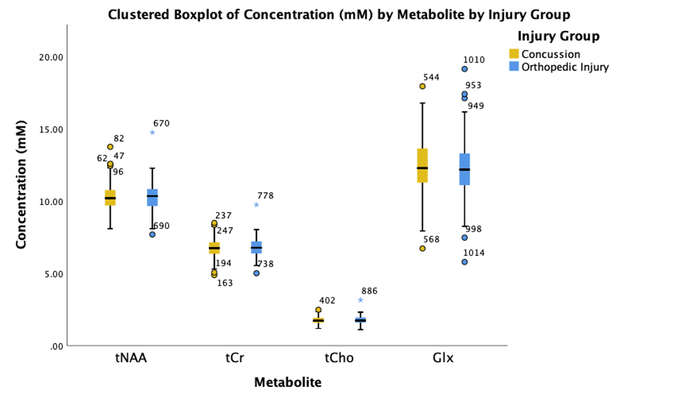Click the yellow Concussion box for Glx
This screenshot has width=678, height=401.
(x=422, y=166)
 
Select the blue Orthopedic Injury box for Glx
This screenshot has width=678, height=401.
(x=464, y=169)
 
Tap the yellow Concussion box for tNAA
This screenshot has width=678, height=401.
(x=110, y=197)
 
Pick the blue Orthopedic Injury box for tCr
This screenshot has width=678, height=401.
(x=257, y=248)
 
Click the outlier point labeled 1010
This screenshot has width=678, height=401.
(x=464, y=69)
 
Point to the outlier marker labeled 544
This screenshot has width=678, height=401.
(x=422, y=86)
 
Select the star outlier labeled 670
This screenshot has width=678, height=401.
(x=152, y=133)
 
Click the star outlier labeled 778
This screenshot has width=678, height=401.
(x=257, y=205)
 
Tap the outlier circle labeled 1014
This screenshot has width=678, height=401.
(x=464, y=262)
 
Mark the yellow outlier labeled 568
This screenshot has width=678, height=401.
(x=422, y=248)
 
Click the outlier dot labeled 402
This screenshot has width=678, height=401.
(x=318, y=309)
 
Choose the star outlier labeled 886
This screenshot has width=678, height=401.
(x=360, y=300)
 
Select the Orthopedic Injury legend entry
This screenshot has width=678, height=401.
(x=564, y=66)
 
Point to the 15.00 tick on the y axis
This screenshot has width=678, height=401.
(x=50, y=129)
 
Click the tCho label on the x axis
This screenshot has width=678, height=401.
(x=339, y=358)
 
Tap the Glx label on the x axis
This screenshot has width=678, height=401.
(x=443, y=358)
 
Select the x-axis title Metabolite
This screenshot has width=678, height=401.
(x=287, y=382)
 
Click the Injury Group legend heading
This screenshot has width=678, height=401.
(x=558, y=36)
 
